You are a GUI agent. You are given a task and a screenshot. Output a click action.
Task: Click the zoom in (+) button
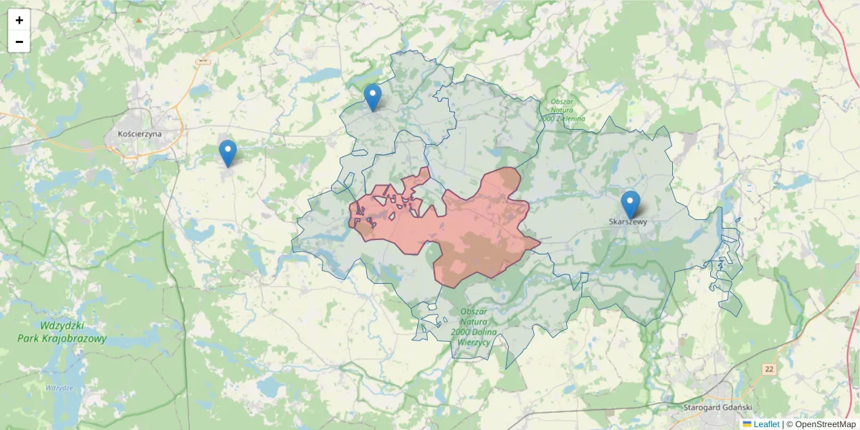pos(19,20)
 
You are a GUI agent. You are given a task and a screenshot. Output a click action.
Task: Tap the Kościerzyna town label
pos(139,133)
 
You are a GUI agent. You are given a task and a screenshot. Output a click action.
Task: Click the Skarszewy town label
pos(628,222)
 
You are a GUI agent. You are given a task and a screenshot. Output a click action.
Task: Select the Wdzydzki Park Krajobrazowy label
pos(63,332)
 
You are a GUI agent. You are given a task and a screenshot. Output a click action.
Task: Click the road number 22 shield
pos(769,369)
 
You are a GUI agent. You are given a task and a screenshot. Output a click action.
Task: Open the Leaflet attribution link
pos(766,424)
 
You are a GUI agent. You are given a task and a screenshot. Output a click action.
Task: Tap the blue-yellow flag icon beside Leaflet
pos(747,424)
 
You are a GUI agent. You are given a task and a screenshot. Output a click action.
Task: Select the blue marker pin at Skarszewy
pos(631,204)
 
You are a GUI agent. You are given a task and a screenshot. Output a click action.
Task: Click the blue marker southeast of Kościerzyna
pos(228,153)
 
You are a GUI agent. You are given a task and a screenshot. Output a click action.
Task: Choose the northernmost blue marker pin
pos(373,97)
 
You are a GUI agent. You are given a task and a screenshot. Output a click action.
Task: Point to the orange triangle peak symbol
pos(138,20)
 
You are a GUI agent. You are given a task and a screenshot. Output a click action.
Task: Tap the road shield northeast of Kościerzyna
pos(203,60)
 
